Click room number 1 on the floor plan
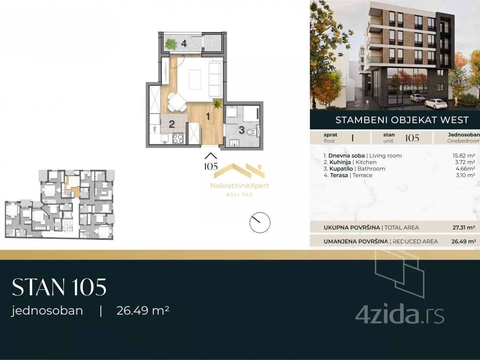[208, 116]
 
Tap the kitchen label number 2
[171, 124]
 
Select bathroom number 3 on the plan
[241, 130]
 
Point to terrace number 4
[184, 44]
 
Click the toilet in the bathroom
[251, 132]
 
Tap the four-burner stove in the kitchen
[178, 138]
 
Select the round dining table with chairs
[177, 102]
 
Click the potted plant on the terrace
[171, 44]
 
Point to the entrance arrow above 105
[211, 156]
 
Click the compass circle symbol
[260, 222]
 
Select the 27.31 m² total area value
[464, 228]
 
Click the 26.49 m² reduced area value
[464, 241]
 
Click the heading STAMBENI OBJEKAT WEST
[402, 120]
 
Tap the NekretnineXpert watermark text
[240, 186]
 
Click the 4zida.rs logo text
[400, 315]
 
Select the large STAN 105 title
[59, 287]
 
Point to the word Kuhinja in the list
[340, 162]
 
